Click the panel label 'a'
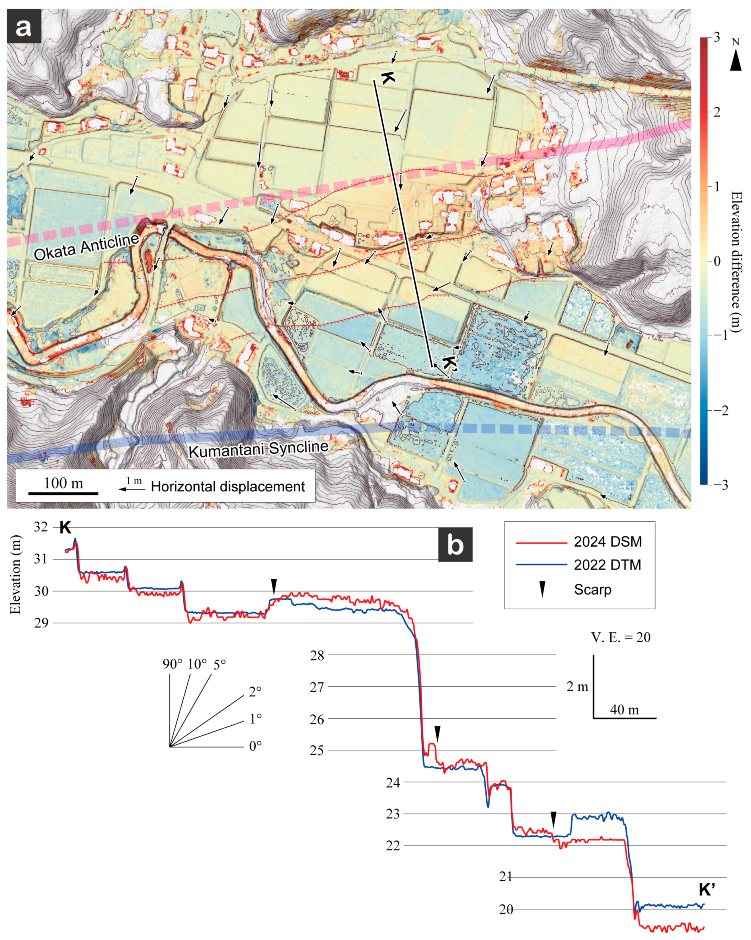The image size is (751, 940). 24,27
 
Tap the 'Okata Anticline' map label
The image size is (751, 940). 86,246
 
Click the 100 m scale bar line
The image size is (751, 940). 63,493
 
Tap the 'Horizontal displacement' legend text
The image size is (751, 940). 228,487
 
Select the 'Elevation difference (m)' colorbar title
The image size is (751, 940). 736,262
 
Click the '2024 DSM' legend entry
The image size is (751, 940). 608,542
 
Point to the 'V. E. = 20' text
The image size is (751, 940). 621,637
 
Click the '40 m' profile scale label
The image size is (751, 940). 624,710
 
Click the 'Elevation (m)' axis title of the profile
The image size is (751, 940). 16,574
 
